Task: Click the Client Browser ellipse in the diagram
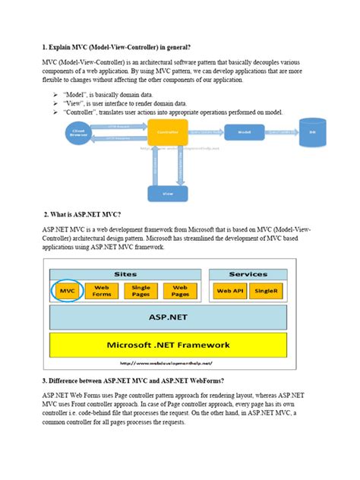(x=78, y=132)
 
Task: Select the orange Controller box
(x=166, y=133)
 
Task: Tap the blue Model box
(x=245, y=131)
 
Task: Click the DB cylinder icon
(x=311, y=131)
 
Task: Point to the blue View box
(x=166, y=193)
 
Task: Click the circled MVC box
(x=67, y=291)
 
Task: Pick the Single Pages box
(x=141, y=291)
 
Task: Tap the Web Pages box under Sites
(x=180, y=291)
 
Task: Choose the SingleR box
(x=267, y=291)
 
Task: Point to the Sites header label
(x=125, y=274)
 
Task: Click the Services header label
(x=248, y=274)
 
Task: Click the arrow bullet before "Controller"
(x=56, y=112)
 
